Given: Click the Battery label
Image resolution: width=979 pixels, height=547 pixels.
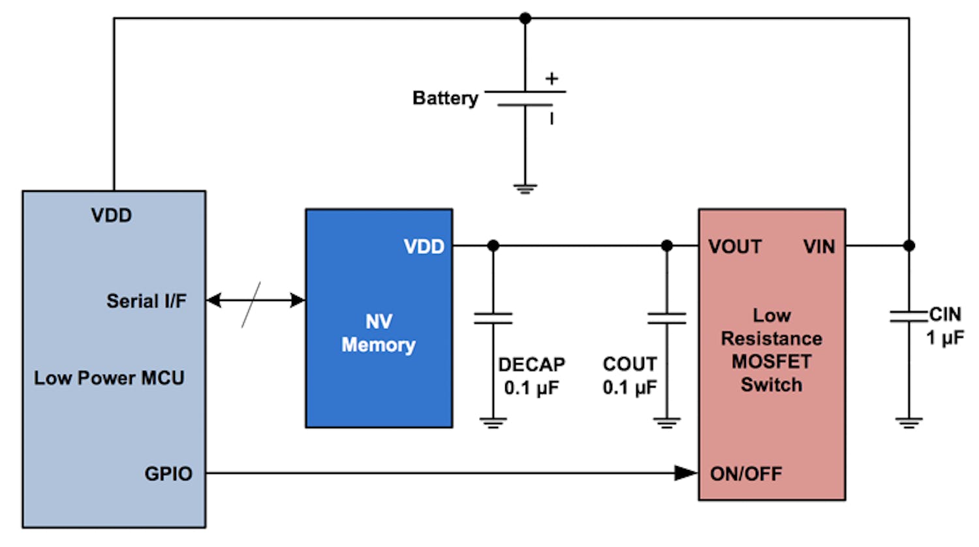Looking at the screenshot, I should click(x=445, y=99).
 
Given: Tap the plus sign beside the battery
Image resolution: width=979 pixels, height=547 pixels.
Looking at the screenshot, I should click(x=552, y=79).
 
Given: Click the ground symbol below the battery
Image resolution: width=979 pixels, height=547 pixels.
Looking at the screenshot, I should click(x=525, y=189).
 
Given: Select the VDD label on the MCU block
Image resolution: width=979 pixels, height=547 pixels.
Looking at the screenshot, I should click(x=112, y=215).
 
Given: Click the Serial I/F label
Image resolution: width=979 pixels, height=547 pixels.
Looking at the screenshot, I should click(x=146, y=301).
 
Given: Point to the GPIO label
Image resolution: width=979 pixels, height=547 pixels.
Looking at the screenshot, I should click(x=168, y=474).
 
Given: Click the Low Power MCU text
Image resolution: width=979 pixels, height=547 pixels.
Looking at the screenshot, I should click(x=109, y=378).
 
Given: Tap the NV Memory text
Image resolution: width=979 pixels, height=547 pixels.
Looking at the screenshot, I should click(x=379, y=333).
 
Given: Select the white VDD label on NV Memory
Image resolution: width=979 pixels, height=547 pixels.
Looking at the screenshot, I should click(x=424, y=247).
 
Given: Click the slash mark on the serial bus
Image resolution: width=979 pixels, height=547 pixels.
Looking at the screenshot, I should click(x=251, y=304).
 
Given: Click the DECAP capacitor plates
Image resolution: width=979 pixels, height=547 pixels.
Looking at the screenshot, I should click(x=493, y=318).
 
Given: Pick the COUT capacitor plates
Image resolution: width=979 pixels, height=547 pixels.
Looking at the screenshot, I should click(x=666, y=318).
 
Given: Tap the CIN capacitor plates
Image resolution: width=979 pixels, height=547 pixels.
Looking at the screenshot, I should click(x=909, y=316).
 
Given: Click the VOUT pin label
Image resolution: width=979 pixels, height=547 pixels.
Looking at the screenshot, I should click(x=735, y=247).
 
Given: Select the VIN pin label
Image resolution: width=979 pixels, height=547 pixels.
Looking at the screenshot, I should click(x=818, y=247).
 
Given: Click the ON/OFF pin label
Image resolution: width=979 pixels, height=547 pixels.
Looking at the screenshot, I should click(x=745, y=474).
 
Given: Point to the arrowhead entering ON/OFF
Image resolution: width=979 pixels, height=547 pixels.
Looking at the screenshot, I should click(x=686, y=473).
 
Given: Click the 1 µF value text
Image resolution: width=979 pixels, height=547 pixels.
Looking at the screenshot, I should click(x=944, y=337).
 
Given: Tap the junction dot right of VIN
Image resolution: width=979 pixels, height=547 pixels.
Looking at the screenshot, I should click(x=909, y=246).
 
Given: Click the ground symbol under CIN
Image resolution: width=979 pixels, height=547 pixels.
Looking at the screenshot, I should click(x=909, y=422).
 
